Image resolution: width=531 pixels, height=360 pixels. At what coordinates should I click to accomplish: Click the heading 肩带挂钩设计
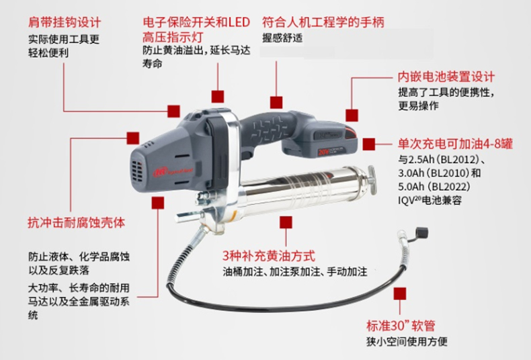point(65,23)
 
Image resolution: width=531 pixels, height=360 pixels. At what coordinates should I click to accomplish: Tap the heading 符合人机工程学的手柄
point(323,22)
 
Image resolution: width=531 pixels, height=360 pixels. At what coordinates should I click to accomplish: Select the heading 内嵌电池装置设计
point(446,77)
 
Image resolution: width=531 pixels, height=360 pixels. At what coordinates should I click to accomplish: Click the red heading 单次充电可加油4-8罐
point(455,144)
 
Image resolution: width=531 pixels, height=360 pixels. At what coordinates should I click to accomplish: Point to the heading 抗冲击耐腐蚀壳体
point(76,222)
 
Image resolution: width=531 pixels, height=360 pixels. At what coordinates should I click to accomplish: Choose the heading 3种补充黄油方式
point(269,256)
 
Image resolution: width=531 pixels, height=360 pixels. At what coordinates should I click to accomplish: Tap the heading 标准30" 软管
point(401,326)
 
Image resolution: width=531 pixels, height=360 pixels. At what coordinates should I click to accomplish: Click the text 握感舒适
point(282,38)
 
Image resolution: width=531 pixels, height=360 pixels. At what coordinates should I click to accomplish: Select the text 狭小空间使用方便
point(407,341)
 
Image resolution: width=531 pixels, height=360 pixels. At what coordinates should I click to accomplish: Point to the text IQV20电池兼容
point(430,200)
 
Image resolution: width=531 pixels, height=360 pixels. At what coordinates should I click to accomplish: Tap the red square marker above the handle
point(276,103)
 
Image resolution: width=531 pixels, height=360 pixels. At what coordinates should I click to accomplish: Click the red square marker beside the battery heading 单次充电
point(369,144)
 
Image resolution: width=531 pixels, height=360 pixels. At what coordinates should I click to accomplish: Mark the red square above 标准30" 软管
point(400,294)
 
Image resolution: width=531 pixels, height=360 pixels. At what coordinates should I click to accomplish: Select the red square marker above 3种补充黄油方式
point(286,222)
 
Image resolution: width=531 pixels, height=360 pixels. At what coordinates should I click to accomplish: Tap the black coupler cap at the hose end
point(421,233)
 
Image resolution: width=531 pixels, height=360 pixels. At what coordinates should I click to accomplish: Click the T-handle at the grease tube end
point(372,180)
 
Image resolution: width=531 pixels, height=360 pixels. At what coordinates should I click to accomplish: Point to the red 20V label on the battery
point(323,151)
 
